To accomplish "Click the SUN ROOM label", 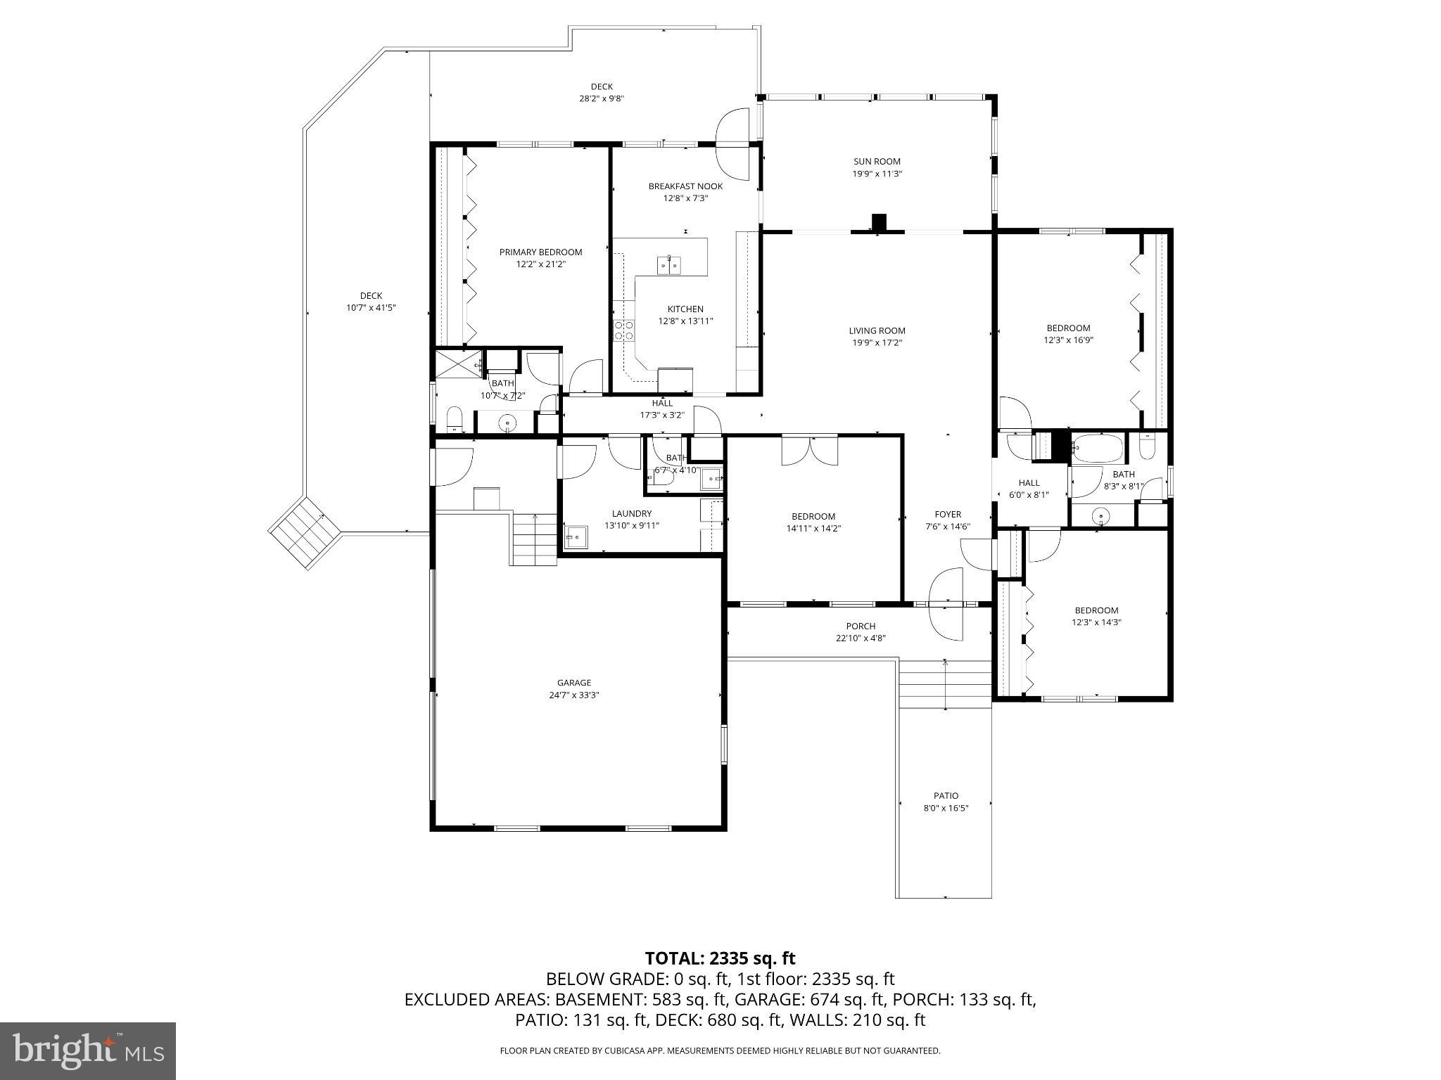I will coord(877,161).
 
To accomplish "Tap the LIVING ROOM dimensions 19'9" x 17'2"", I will coord(877,343).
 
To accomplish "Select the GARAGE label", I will coord(574,682).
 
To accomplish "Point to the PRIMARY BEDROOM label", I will coord(540,252).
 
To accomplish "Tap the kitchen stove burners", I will coord(623,330).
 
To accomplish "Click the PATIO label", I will coord(946,796).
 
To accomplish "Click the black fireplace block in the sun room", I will coord(879,221).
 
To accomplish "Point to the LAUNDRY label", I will coord(631,513).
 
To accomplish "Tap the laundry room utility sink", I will coord(576,536).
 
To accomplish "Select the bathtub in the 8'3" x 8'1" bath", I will coord(1097,446).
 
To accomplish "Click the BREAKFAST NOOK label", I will coord(685,186).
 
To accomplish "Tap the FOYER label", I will coord(948,514).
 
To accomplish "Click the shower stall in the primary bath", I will coord(455,364).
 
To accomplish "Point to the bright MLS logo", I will coord(88,1050).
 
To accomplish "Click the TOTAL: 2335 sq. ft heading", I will coord(720,958).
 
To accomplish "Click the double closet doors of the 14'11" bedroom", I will coord(810,450).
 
